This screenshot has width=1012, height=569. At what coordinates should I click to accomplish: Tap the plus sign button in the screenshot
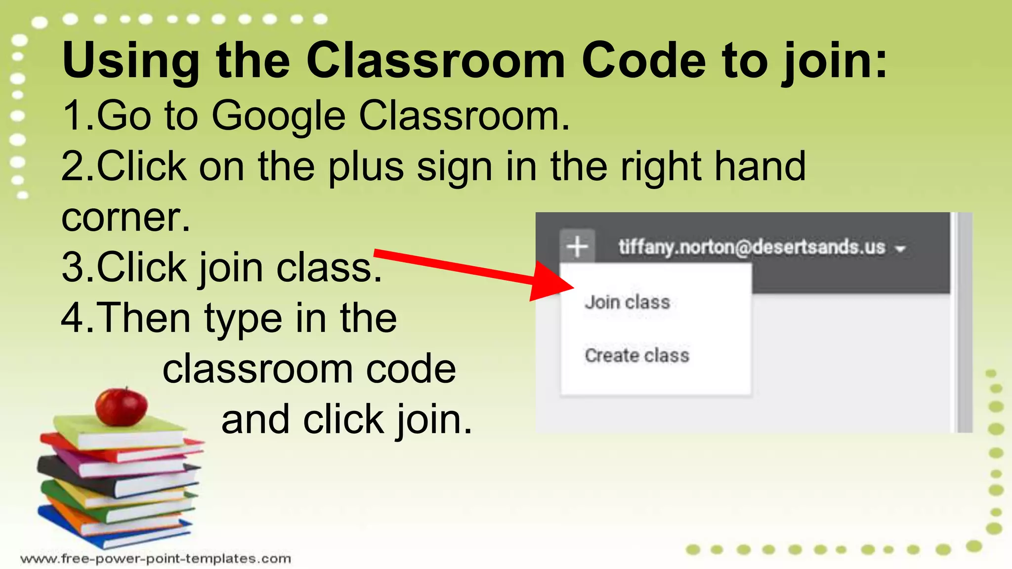[577, 246]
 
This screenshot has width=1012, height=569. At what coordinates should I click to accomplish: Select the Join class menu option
[627, 302]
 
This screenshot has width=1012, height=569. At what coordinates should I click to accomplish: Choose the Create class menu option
[636, 355]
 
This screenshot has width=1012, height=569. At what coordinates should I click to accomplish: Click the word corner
[126, 217]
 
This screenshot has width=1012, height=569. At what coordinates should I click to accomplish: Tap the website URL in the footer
[156, 559]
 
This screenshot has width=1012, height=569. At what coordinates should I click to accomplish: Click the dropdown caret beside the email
[900, 248]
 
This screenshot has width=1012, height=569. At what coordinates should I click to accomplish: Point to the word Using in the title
[131, 60]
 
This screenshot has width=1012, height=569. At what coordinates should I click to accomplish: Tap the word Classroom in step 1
[464, 117]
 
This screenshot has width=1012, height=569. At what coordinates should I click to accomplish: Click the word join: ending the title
[835, 60]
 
